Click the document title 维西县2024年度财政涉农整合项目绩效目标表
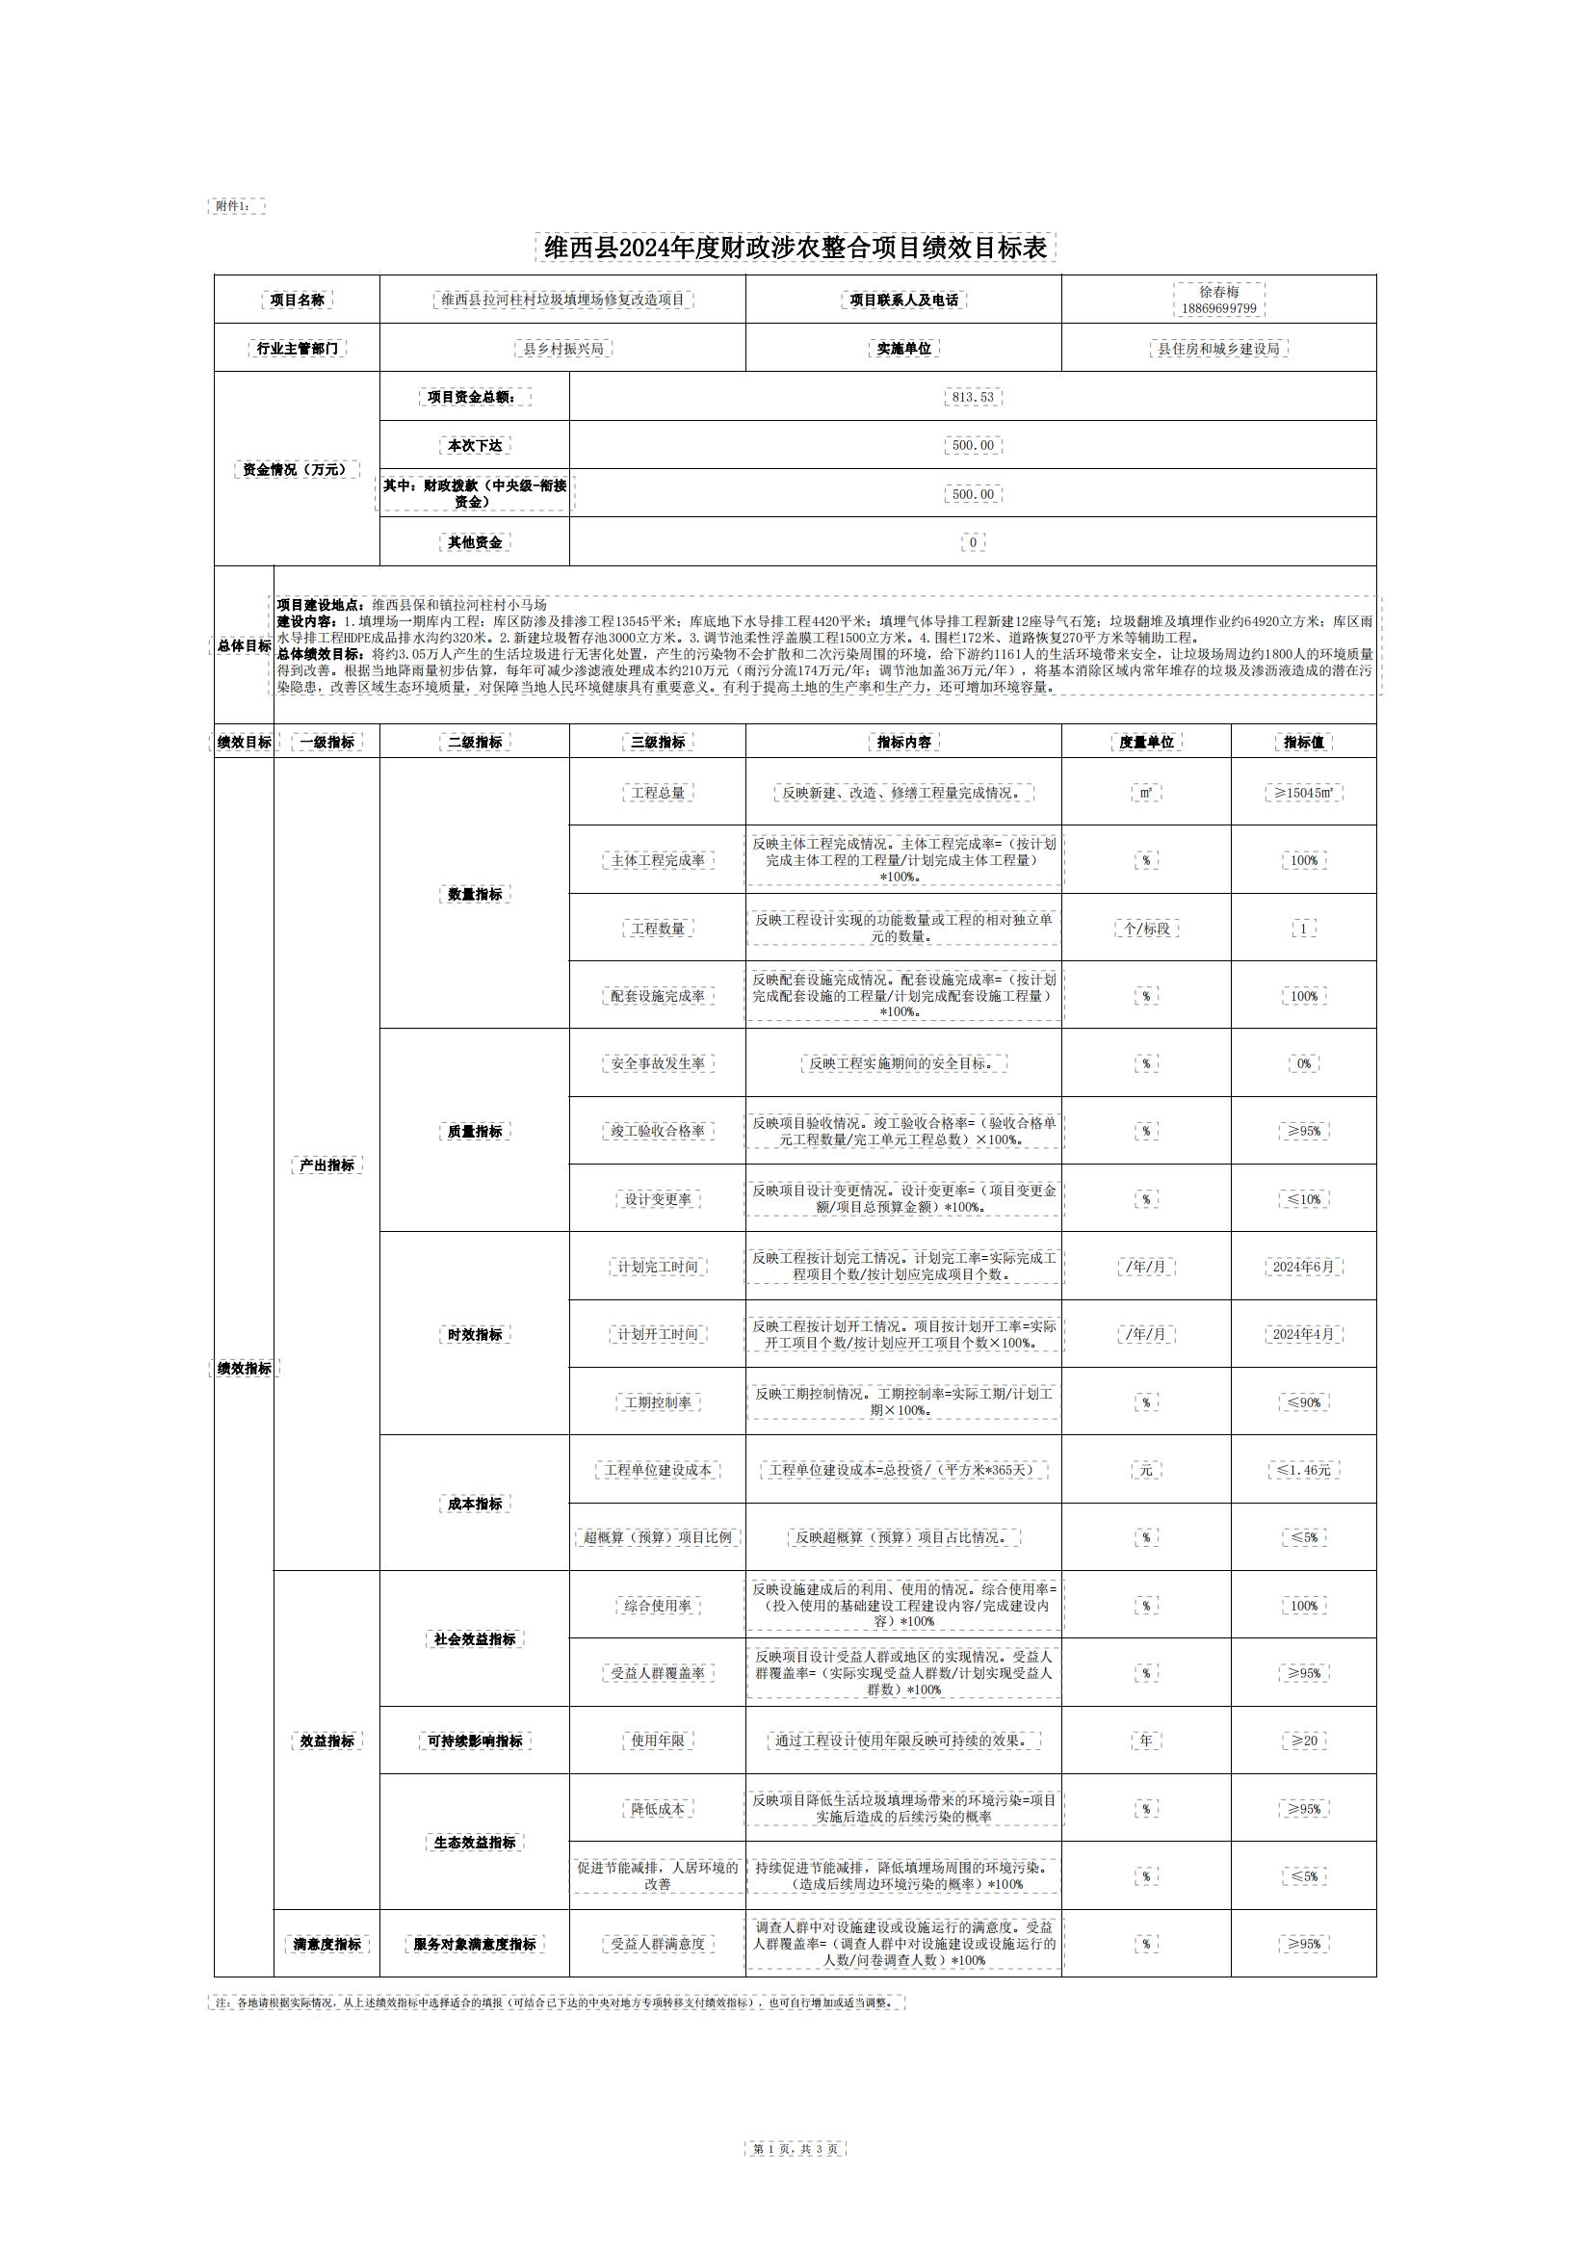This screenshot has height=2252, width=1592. [x=796, y=248]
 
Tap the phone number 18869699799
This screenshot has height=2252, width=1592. [x=1218, y=308]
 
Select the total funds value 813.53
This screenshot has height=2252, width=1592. [x=972, y=397]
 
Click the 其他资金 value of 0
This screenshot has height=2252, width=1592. [x=972, y=542]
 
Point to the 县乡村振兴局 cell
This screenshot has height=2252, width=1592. [x=563, y=348]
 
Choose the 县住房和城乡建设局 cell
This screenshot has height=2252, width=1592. [x=1218, y=348]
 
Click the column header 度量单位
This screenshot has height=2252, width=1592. [x=1146, y=743]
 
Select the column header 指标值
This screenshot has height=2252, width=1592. [x=1304, y=743]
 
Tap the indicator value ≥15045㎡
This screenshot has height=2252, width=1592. [x=1304, y=793]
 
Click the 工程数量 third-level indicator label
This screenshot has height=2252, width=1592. [x=657, y=928]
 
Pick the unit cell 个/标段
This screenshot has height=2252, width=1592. [x=1146, y=928]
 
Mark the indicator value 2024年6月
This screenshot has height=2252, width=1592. [x=1304, y=1267]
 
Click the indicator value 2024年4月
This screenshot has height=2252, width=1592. [x=1304, y=1334]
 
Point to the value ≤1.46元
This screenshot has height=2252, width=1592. [x=1304, y=1470]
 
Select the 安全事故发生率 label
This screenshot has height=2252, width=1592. [x=657, y=1063]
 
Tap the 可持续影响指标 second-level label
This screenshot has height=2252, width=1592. [x=475, y=1741]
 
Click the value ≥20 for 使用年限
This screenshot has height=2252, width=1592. [x=1304, y=1741]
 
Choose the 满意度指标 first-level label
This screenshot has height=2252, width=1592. [x=326, y=1944]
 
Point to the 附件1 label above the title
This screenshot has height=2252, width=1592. [x=236, y=206]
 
